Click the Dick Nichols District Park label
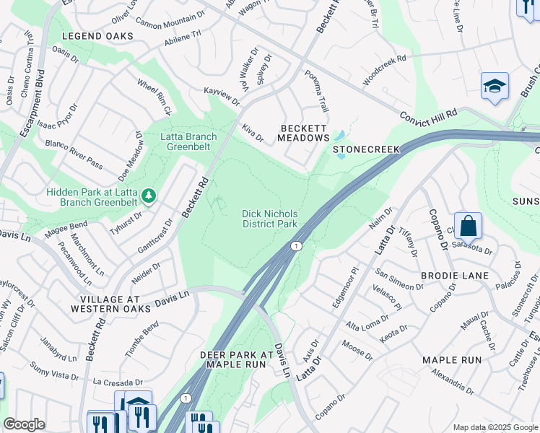click(269, 218)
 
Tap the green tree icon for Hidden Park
click(148, 195)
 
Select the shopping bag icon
click(468, 226)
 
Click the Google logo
click(25, 424)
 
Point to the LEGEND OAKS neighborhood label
click(97, 35)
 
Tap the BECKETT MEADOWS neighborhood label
click(304, 133)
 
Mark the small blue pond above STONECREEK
click(339, 136)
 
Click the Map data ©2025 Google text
click(494, 427)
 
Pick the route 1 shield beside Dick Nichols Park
click(295, 247)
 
